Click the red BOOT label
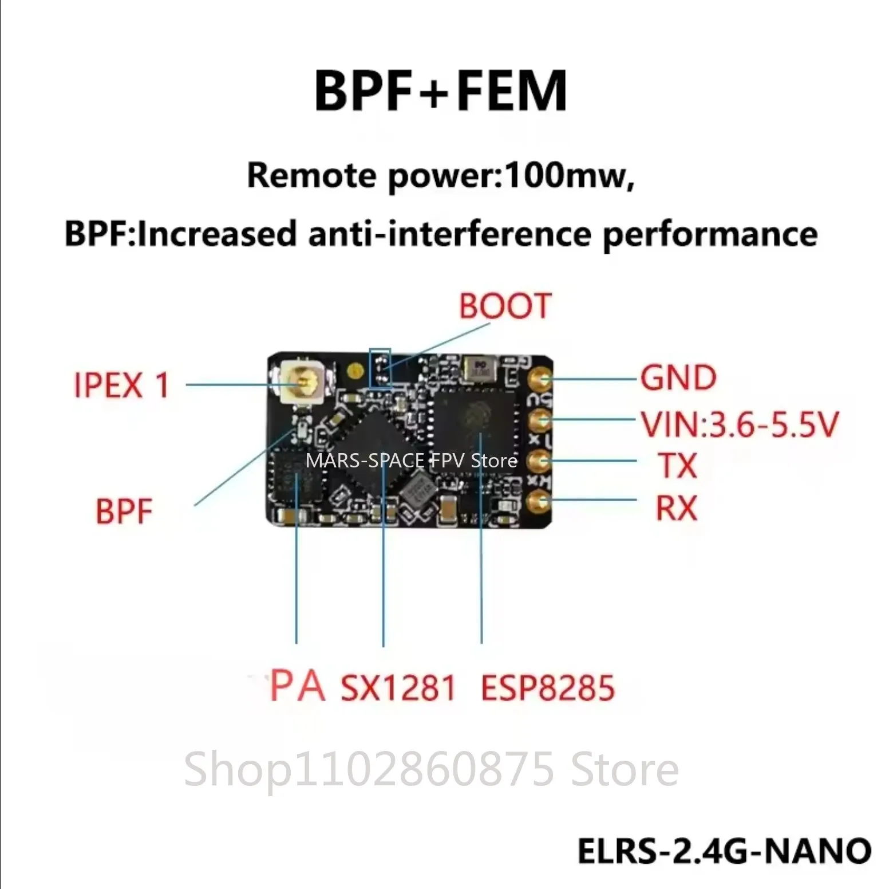pyautogui.click(x=505, y=306)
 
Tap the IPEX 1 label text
pyautogui.click(x=121, y=385)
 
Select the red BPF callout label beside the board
pyautogui.click(x=124, y=512)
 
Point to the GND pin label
pyautogui.click(x=678, y=378)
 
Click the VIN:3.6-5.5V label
pyautogui.click(x=739, y=424)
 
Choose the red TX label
pyautogui.click(x=678, y=465)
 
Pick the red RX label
pyautogui.click(x=677, y=508)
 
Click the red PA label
pyautogui.click(x=297, y=686)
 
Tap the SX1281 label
pyautogui.click(x=398, y=688)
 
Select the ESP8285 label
pyautogui.click(x=547, y=688)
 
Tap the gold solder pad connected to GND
pyautogui.click(x=540, y=378)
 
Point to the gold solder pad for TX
pyautogui.click(x=539, y=461)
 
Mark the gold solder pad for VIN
pyautogui.click(x=540, y=420)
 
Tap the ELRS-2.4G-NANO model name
pyautogui.click(x=724, y=851)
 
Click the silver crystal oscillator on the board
pyautogui.click(x=481, y=368)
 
